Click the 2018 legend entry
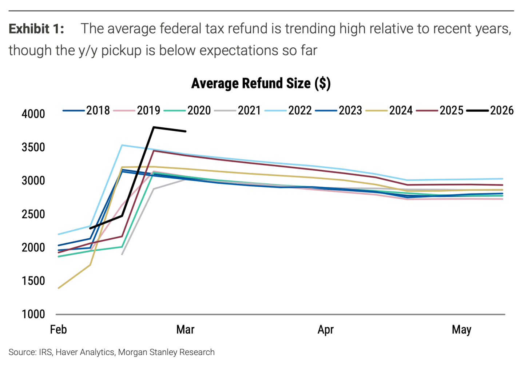coord(86,110)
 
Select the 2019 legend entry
coord(136,110)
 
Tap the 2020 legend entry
coord(187,110)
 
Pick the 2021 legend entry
coord(237,110)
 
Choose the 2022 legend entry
coord(288,110)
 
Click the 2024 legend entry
coord(389,110)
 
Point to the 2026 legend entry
coord(490,110)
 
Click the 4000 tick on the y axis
coord(33,114)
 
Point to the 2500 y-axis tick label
coord(33,214)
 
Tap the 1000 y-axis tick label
coord(33,314)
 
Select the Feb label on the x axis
coord(59,330)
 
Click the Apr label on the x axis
coord(326,330)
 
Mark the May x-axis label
coord(461,330)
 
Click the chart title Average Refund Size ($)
coord(261,83)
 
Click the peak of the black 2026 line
coord(154,127)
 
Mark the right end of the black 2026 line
coord(186,131)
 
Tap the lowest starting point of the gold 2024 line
coord(58,288)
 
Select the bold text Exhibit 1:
coord(36,29)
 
